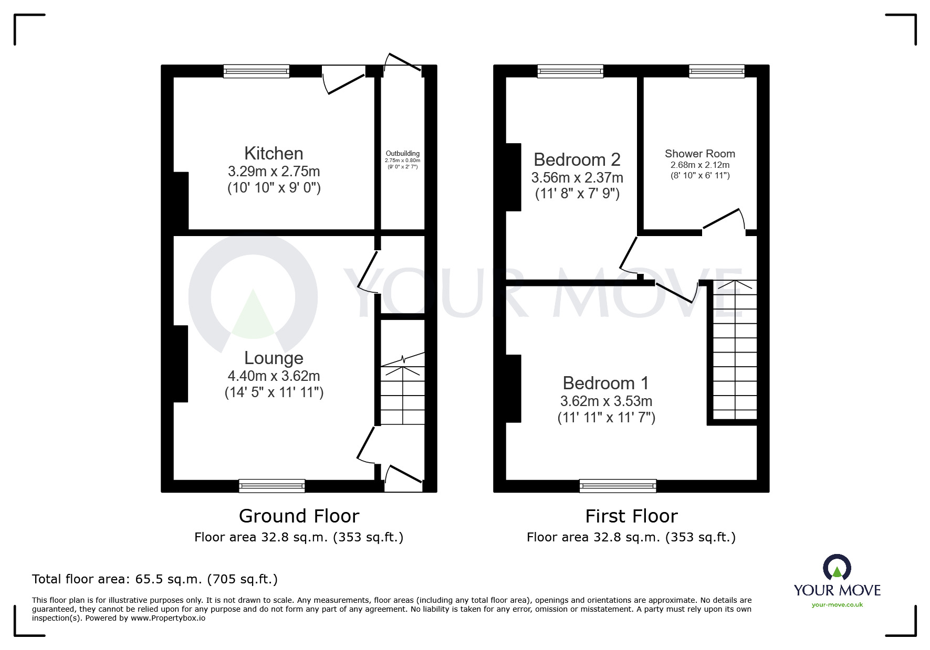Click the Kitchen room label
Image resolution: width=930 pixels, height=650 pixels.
(x=274, y=154)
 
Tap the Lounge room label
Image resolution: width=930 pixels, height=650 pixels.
(x=274, y=358)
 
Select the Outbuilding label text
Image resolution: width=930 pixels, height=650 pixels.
(x=403, y=154)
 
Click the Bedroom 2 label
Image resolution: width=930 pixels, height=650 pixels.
(x=577, y=159)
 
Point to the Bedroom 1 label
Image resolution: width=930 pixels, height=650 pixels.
(x=605, y=383)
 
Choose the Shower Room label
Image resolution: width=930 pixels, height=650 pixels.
(x=699, y=154)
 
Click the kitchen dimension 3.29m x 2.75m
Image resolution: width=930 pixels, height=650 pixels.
(x=274, y=172)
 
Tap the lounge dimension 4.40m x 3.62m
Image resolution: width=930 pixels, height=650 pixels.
(x=274, y=376)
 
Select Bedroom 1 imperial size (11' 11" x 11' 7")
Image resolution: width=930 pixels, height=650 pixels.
(x=606, y=418)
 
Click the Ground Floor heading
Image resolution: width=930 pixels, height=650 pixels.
(x=299, y=516)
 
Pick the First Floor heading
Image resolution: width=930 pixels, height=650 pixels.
(x=631, y=516)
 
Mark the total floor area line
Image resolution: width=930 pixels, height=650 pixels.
(x=155, y=579)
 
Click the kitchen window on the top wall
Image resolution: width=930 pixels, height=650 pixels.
(x=256, y=71)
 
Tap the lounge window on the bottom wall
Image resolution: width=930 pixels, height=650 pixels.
(x=271, y=486)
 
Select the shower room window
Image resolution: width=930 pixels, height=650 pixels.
(x=716, y=71)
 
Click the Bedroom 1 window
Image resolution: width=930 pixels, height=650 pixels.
(x=618, y=486)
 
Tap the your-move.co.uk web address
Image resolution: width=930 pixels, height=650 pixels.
(x=837, y=605)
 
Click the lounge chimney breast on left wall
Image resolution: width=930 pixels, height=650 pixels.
(x=181, y=364)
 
